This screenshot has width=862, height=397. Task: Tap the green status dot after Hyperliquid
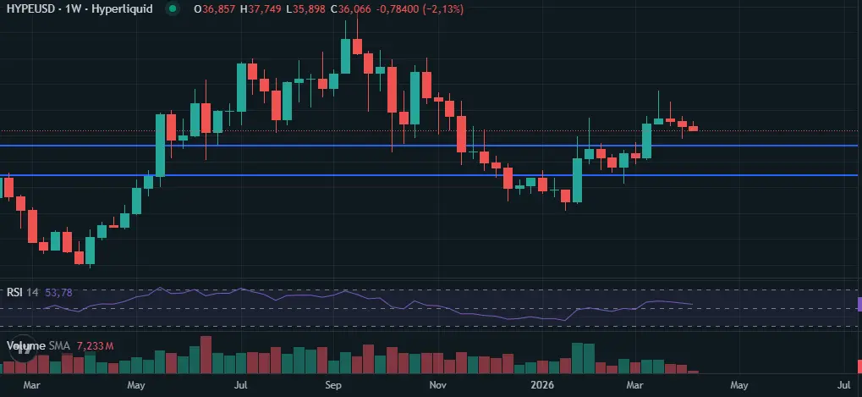pyautogui.click(x=173, y=8)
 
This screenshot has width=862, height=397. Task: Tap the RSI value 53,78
pyautogui.click(x=58, y=292)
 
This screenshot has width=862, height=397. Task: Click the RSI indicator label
pyautogui.click(x=14, y=292)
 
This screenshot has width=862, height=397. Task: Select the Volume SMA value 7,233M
pyautogui.click(x=95, y=346)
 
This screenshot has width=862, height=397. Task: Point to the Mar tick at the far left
pyautogui.click(x=32, y=385)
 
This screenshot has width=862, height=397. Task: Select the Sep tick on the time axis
pyautogui.click(x=332, y=385)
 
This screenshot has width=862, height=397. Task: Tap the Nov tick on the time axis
pyautogui.click(x=437, y=385)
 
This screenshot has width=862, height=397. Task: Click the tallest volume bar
pyautogui.click(x=205, y=355)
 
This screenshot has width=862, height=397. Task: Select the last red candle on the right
pyautogui.click(x=694, y=128)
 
